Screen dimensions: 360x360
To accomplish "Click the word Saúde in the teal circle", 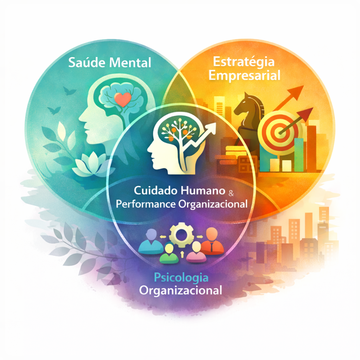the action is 87,62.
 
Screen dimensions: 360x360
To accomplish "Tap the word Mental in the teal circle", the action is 130,63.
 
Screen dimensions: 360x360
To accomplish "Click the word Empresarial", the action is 245,76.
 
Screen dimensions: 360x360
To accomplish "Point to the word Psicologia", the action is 181,278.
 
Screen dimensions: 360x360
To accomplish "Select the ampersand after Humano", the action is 231,193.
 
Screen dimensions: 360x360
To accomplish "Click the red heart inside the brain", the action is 123,99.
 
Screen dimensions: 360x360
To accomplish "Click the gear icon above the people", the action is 181,234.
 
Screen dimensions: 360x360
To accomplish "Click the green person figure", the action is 169,253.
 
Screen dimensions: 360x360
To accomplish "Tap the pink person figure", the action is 196,252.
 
